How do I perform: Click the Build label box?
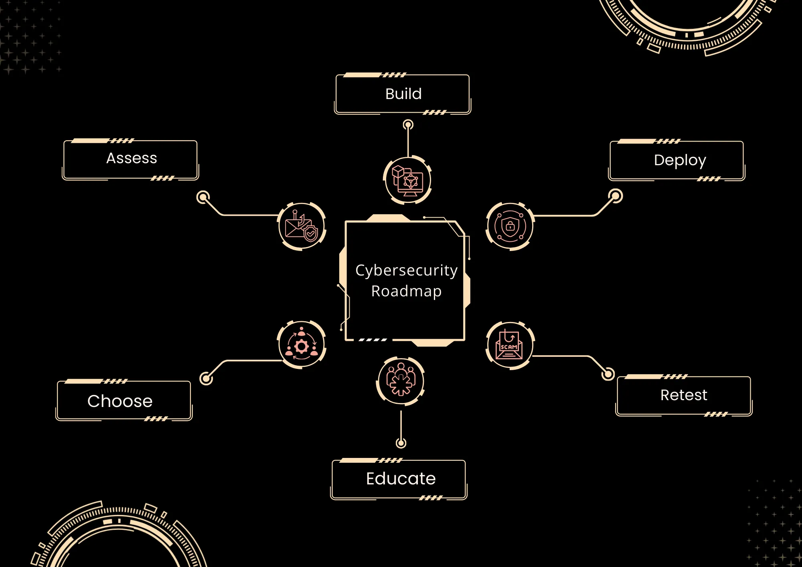[x=403, y=94]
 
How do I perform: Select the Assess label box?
[x=131, y=159]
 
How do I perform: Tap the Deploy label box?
[x=677, y=160]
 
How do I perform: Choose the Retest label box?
[x=684, y=395]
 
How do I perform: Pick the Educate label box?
[x=399, y=479]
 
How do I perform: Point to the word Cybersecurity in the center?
[x=406, y=270]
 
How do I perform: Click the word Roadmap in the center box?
[x=406, y=291]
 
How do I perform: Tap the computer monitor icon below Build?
[x=407, y=180]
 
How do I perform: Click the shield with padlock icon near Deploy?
[x=510, y=227]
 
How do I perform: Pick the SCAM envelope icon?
[x=509, y=345]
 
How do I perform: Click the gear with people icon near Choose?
[x=302, y=345]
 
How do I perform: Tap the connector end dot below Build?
[x=408, y=125]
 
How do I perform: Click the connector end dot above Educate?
[x=401, y=443]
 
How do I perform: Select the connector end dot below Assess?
[x=203, y=197]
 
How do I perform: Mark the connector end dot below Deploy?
[x=615, y=196]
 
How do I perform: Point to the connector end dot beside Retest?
[x=608, y=374]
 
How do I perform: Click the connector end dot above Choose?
[x=206, y=378]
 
